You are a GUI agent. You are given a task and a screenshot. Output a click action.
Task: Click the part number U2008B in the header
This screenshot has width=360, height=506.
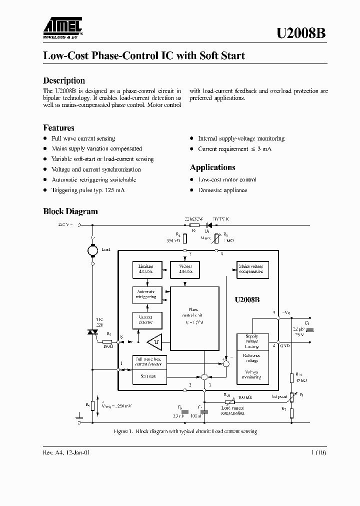[301, 33]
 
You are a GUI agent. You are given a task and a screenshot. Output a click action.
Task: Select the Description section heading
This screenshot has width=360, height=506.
[64, 80]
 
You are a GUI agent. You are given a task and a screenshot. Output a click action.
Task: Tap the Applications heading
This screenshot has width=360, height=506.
[212, 167]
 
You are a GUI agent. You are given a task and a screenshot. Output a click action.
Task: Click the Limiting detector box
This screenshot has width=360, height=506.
[146, 269]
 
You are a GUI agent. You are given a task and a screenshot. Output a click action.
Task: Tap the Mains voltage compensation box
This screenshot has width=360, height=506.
[252, 269]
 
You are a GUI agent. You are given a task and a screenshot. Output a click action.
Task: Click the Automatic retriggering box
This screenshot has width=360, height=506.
[146, 294]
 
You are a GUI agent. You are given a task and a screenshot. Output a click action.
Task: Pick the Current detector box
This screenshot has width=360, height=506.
[146, 319]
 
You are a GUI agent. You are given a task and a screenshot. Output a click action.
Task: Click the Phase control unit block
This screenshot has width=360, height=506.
[194, 318]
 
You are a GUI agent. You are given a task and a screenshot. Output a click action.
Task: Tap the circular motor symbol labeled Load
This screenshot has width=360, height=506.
[92, 249]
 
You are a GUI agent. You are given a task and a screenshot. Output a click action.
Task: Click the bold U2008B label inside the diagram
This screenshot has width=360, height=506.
[247, 300]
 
